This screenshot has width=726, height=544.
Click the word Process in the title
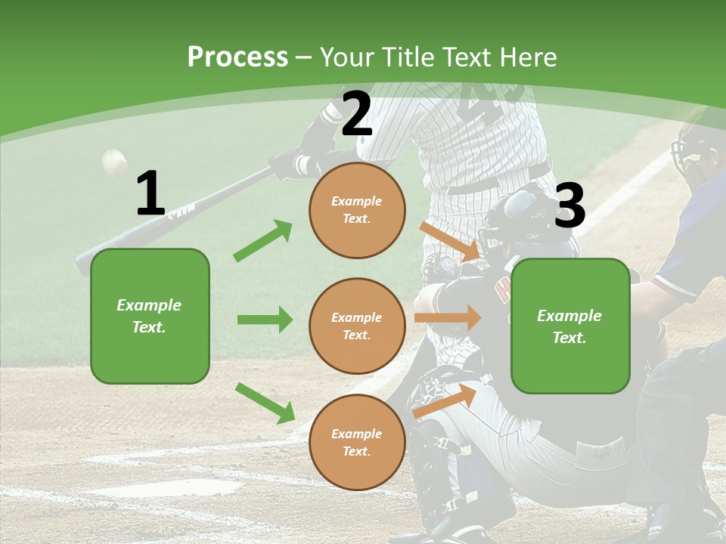237,57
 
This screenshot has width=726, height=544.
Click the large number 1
150,194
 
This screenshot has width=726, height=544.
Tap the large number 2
356,114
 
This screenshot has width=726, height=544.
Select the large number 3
569,206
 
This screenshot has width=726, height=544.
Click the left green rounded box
150,316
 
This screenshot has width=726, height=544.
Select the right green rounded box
570,326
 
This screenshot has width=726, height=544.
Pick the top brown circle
357,210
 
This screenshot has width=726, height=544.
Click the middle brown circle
357,326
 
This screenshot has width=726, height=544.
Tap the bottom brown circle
357,442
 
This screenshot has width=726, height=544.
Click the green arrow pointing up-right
263,240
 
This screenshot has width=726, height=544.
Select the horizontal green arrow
265,320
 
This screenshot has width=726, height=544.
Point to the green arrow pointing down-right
265,403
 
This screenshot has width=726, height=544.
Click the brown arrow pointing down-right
450,241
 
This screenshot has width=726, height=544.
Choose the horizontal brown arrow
448,317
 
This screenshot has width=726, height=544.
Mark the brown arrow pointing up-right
445,401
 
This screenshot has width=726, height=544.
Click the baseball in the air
114,161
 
